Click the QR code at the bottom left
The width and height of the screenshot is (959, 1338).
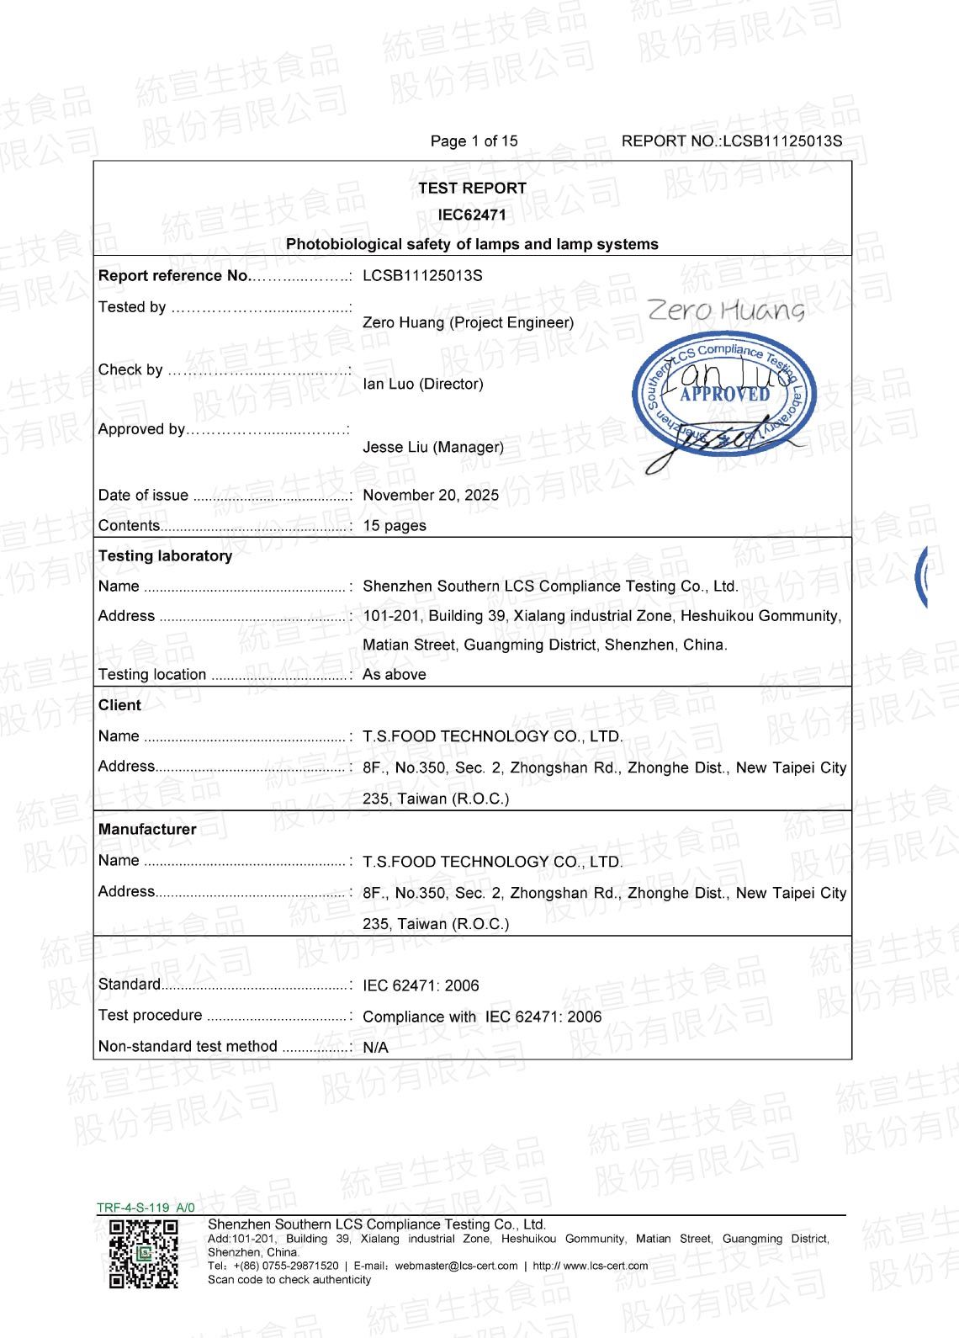(x=144, y=1254)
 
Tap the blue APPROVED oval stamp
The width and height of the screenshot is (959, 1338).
(x=724, y=394)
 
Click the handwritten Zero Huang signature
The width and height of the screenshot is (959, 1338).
(x=726, y=311)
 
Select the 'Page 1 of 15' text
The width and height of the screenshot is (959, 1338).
(x=474, y=141)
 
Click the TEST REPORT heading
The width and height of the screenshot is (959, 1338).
(x=472, y=188)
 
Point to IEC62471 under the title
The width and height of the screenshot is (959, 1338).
(x=472, y=215)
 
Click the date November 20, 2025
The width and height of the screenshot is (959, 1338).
(x=431, y=495)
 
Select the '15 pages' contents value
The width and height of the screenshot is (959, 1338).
(x=395, y=525)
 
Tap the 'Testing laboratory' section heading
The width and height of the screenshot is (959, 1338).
(x=165, y=555)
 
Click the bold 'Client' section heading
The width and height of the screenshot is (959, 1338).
(x=119, y=705)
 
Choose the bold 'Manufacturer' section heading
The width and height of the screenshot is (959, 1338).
(x=147, y=829)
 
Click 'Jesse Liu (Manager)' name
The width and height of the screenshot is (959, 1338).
(x=433, y=447)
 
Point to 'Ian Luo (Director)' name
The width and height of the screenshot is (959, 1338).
(x=423, y=384)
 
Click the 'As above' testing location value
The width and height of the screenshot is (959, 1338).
(x=395, y=674)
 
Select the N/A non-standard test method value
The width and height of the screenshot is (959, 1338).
(x=375, y=1047)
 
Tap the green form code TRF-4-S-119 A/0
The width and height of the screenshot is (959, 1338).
(x=146, y=1208)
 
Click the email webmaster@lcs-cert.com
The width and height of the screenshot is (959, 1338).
(x=456, y=1266)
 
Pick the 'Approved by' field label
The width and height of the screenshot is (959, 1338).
(x=141, y=429)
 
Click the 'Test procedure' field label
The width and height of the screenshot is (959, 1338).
(x=150, y=1015)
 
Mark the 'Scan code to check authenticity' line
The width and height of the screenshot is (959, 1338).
(x=289, y=1280)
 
